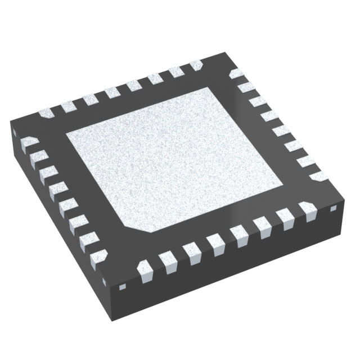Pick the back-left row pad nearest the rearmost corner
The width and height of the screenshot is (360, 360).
[196, 66]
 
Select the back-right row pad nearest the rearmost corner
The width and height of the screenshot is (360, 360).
[236, 74]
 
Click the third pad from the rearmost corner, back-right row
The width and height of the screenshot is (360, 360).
[258, 101]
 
